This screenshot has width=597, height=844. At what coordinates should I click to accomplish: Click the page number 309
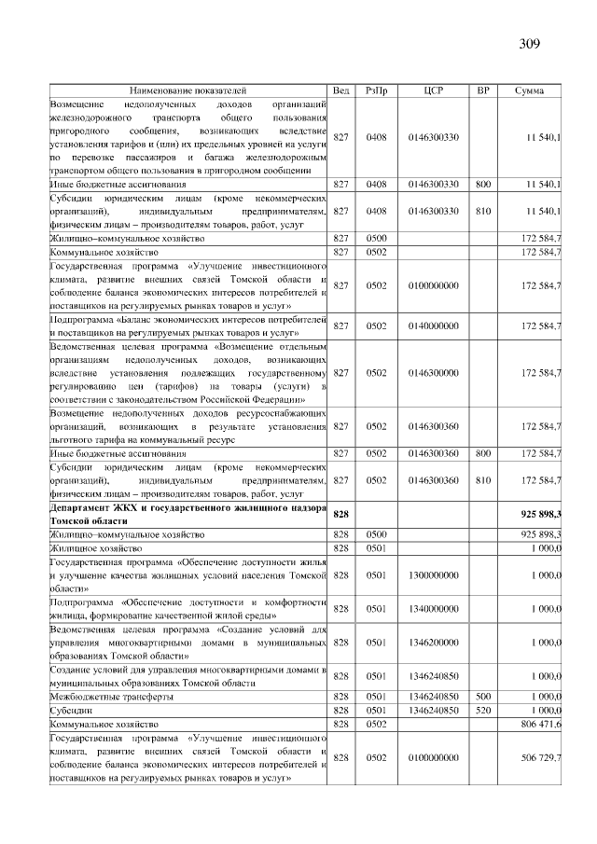click(x=530, y=43)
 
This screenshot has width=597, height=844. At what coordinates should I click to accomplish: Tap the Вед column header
click(x=342, y=90)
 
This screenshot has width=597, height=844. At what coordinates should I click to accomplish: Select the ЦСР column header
click(x=433, y=90)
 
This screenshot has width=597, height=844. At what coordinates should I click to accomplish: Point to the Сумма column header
click(x=530, y=90)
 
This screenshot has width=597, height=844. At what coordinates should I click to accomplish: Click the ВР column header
click(x=483, y=90)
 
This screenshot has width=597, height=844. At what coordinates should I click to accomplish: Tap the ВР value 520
click(x=483, y=710)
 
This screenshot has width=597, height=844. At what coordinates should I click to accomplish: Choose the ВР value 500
click(x=483, y=696)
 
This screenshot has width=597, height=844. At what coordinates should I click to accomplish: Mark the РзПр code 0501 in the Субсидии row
click(x=376, y=710)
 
